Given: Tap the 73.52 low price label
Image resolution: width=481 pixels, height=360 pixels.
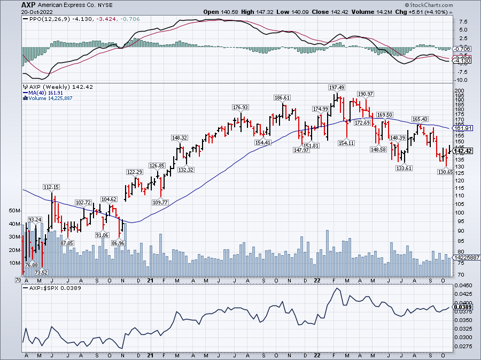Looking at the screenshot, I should point(41,272).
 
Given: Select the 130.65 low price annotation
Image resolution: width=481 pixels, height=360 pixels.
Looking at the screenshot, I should point(445,172).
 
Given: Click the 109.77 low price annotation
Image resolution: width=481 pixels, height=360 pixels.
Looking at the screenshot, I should point(159,202).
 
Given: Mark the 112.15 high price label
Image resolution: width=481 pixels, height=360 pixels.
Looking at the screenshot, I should point(52,187).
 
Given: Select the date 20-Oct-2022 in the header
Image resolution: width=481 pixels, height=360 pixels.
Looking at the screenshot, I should point(22,11).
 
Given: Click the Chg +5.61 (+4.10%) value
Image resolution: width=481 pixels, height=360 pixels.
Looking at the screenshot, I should point(453,11).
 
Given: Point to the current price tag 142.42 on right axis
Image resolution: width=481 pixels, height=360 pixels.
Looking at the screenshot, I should point(463,151).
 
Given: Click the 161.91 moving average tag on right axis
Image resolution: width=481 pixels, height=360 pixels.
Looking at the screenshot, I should point(463,128).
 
